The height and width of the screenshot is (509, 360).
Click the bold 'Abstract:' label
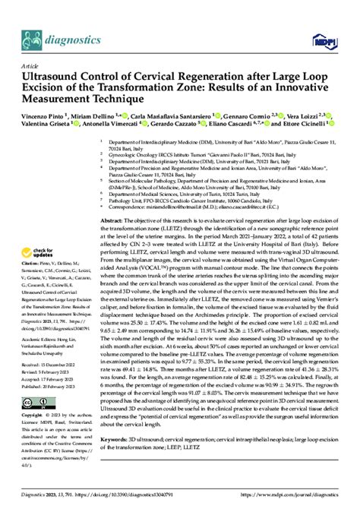click(112, 219)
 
